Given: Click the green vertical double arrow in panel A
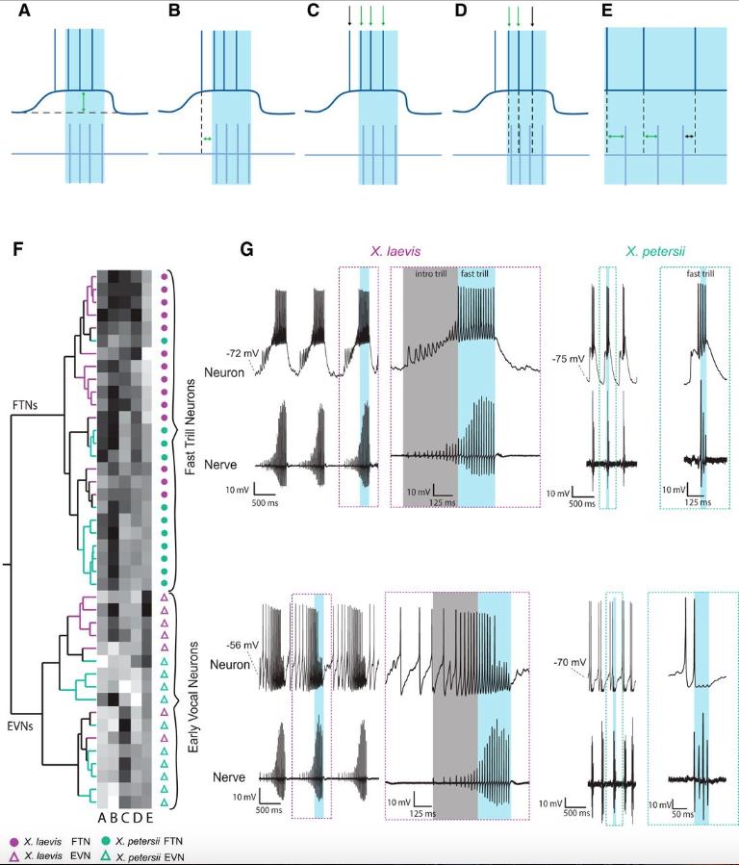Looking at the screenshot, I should click(x=84, y=101).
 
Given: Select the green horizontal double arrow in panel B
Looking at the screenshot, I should click(x=207, y=140).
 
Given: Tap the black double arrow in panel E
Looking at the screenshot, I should click(x=689, y=137).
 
